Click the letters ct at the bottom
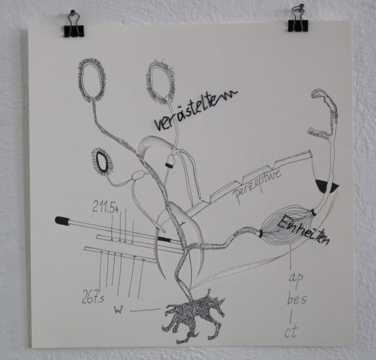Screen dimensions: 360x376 (x=290, y=333)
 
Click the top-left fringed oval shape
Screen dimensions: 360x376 (x=92, y=79)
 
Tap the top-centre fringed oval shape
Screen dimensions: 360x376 (x=160, y=82)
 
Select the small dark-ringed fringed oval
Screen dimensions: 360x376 (x=102, y=162)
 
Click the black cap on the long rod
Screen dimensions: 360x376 (x=62, y=220)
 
